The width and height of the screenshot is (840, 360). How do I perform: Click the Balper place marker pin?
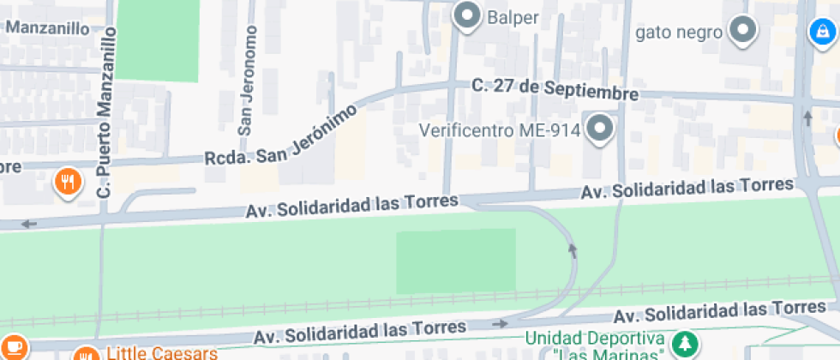pyautogui.click(x=467, y=16)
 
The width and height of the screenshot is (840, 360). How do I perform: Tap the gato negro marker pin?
pyautogui.click(x=742, y=32)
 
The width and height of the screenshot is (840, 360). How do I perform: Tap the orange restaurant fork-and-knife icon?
pyautogui.click(x=68, y=181)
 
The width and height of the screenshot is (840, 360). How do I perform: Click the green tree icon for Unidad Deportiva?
pyautogui.click(x=684, y=344)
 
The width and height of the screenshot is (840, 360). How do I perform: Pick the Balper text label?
pyautogui.click(x=513, y=16)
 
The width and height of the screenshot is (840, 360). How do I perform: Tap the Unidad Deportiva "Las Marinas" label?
pyautogui.click(x=597, y=345)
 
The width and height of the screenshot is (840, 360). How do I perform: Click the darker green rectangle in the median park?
pyautogui.click(x=456, y=261)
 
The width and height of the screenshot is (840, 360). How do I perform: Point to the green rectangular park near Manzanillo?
pyautogui.click(x=157, y=40)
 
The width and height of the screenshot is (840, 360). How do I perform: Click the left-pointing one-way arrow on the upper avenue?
pyautogui.click(x=30, y=225)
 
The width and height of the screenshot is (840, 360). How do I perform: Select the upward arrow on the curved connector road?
pyautogui.click(x=573, y=249)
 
